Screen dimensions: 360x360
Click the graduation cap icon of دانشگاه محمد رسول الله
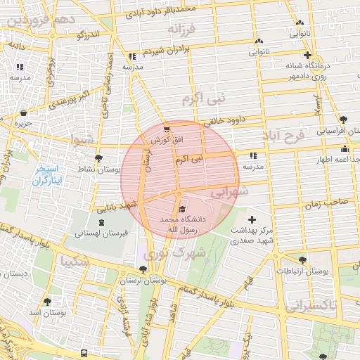point(182,210)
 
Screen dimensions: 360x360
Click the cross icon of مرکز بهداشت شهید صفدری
point(252,220)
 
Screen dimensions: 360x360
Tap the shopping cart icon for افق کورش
point(167,129)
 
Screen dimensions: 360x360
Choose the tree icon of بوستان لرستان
point(143,269)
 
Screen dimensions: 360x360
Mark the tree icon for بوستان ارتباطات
point(302,259)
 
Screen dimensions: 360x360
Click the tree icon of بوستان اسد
point(47,301)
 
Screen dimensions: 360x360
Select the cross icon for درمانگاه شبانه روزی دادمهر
point(307,55)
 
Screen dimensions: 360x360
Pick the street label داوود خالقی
point(224,120)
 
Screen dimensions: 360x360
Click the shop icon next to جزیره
point(24,112)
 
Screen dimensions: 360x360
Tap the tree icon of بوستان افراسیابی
point(343,120)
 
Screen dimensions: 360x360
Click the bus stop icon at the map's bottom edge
point(84,353)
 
